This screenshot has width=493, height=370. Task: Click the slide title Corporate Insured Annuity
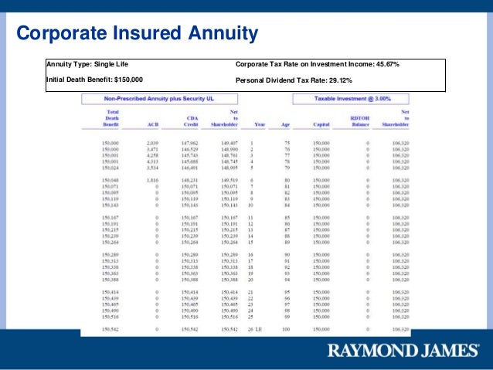click(137, 33)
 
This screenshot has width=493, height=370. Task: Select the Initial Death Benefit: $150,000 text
click(95, 80)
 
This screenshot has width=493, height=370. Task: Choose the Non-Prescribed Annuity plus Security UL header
click(164, 99)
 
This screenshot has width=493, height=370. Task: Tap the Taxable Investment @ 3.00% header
click(351, 99)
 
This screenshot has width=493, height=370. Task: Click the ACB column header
click(152, 124)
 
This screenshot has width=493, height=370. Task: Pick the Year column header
click(259, 124)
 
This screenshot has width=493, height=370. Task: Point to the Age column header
click(285, 124)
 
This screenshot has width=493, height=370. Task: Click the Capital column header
click(321, 124)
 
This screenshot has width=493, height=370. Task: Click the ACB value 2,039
click(152, 143)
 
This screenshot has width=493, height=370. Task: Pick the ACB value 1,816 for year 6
click(152, 180)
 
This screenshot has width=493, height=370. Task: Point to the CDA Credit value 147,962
click(190, 143)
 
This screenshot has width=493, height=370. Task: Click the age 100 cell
click(285, 330)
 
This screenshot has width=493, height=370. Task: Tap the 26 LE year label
click(255, 330)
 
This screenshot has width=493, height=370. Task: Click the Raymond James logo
click(403, 351)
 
